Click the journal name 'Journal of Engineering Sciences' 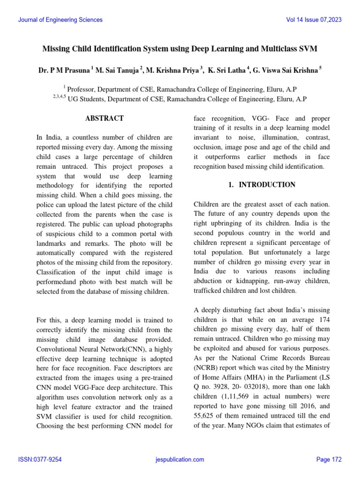pyautogui.click(x=60, y=20)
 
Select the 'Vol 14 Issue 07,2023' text pyautogui.click(x=314, y=20)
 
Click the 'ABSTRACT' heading pyautogui.click(x=104, y=119)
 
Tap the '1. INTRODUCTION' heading pyautogui.click(x=262, y=185)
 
